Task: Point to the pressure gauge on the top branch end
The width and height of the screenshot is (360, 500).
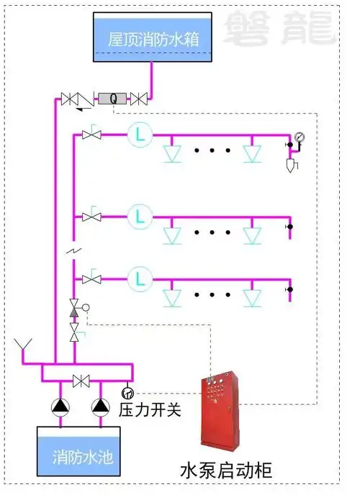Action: coord(299,137)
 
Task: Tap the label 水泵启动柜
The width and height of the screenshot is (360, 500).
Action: coord(226,471)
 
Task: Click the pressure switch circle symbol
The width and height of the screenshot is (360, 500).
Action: coord(128,392)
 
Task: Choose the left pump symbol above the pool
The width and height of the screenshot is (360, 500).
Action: coord(59,406)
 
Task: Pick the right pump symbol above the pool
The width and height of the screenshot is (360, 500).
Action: coord(99,406)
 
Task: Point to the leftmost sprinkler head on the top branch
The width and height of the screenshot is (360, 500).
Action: coord(171,153)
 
